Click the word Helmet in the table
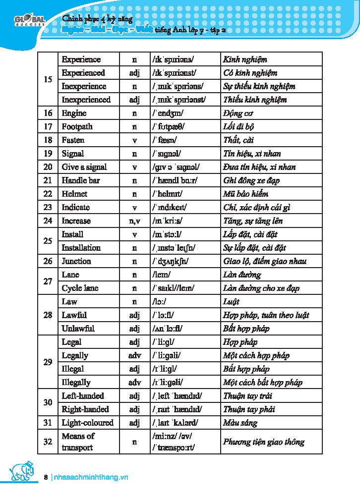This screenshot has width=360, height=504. pyautogui.click(x=74, y=194)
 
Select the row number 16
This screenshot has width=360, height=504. pyautogui.click(x=48, y=113)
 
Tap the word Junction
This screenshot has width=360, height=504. pyautogui.click(x=76, y=261)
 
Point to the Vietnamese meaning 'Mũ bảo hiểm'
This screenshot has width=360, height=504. pyautogui.click(x=245, y=194)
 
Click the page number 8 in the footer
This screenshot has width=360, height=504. pyautogui.click(x=46, y=477)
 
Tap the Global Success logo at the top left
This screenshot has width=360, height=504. pyautogui.click(x=29, y=21)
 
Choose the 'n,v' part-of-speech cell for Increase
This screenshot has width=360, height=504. pyautogui.click(x=134, y=221)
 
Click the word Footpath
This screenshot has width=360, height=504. pyautogui.click(x=77, y=127)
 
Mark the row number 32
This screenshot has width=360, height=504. pyautogui.click(x=48, y=441)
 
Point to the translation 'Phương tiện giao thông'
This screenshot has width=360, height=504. pyautogui.click(x=263, y=442)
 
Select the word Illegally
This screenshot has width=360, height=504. pyautogui.click(x=76, y=382)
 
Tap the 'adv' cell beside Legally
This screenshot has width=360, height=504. pyautogui.click(x=134, y=355)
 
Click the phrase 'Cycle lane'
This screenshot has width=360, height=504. pyautogui.click(x=80, y=288)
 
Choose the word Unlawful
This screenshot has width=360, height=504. pyautogui.click(x=78, y=329)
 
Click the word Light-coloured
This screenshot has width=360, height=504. pyautogui.click(x=87, y=423)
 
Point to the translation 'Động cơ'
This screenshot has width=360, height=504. pyautogui.click(x=238, y=113)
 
